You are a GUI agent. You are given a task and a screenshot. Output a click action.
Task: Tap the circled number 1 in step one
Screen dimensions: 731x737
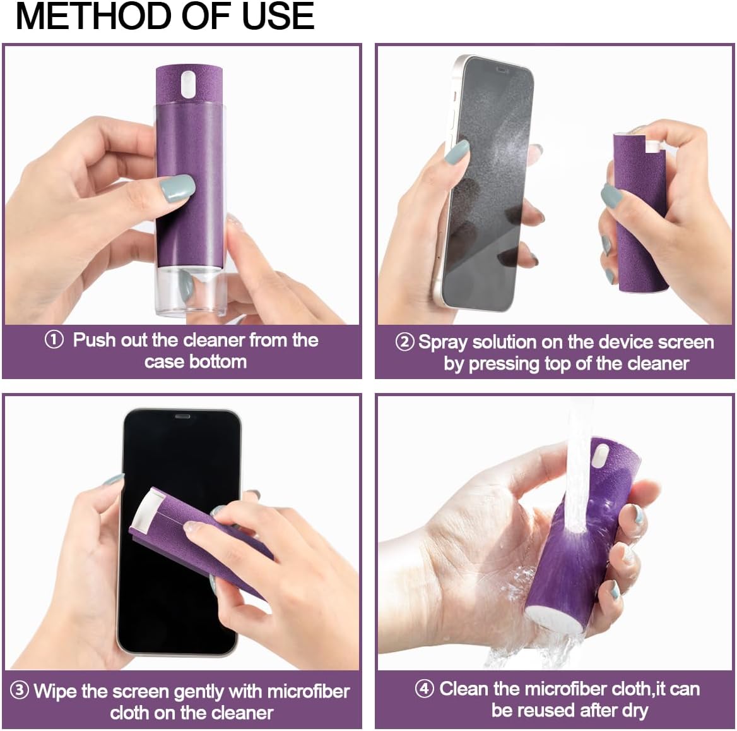54,340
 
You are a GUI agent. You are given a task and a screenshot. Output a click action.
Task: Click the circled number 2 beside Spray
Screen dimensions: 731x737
404,342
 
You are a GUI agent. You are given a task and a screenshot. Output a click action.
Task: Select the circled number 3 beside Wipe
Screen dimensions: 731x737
20,690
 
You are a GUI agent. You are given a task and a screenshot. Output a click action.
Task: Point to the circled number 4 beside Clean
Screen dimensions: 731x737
424,688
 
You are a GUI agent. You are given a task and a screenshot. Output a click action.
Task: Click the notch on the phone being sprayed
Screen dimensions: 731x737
503,68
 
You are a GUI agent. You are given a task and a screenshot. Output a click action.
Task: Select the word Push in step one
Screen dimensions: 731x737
94,340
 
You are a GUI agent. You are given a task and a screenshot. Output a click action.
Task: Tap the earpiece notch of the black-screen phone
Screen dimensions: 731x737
182,417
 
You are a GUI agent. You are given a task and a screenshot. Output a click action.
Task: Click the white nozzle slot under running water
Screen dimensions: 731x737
601,455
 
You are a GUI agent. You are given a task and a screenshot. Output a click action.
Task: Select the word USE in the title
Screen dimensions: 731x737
278,16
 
